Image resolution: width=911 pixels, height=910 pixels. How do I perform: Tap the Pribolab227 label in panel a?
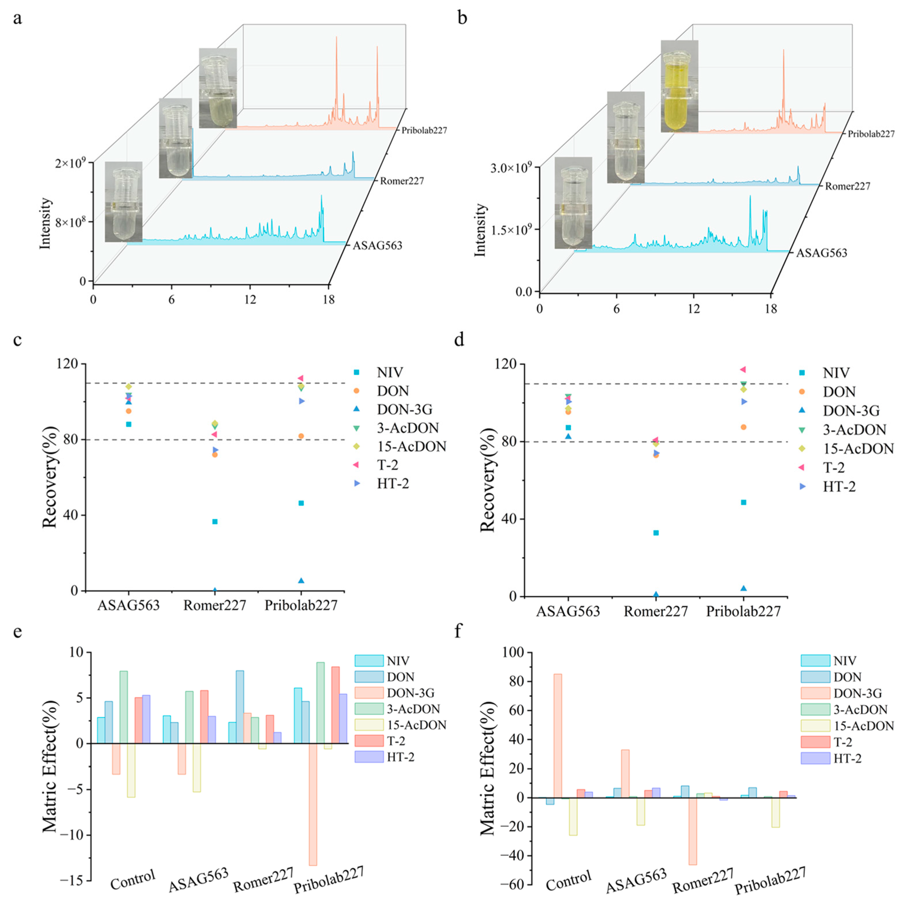[424, 130]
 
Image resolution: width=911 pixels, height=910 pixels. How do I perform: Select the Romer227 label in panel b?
[847, 186]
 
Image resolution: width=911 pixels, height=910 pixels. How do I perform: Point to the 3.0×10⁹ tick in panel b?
[512, 168]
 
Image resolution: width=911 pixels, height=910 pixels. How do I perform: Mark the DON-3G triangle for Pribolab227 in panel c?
[301, 580]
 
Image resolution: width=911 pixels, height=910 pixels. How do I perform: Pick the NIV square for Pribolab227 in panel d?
[744, 502]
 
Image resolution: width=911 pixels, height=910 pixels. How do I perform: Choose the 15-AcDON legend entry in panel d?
[858, 449]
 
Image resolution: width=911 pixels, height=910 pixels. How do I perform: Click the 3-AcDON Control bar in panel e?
[124, 707]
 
